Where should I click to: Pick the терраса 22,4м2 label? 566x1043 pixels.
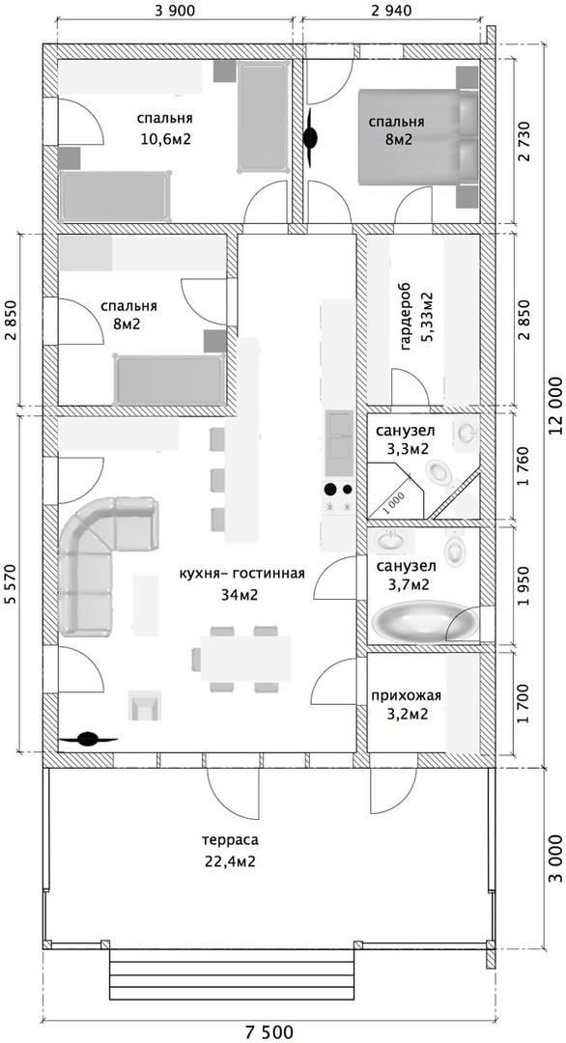(232, 851)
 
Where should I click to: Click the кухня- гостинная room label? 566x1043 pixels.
(241, 574)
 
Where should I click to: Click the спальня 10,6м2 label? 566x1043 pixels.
(165, 128)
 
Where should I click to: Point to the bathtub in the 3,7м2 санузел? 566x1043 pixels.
(425, 621)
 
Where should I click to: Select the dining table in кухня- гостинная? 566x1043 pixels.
(246, 659)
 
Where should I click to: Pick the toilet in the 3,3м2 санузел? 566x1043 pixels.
(441, 473)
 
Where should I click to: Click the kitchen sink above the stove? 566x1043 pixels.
(339, 435)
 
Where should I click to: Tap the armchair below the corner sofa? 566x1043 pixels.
(144, 705)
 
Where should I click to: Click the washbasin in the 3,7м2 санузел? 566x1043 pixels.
(388, 540)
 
